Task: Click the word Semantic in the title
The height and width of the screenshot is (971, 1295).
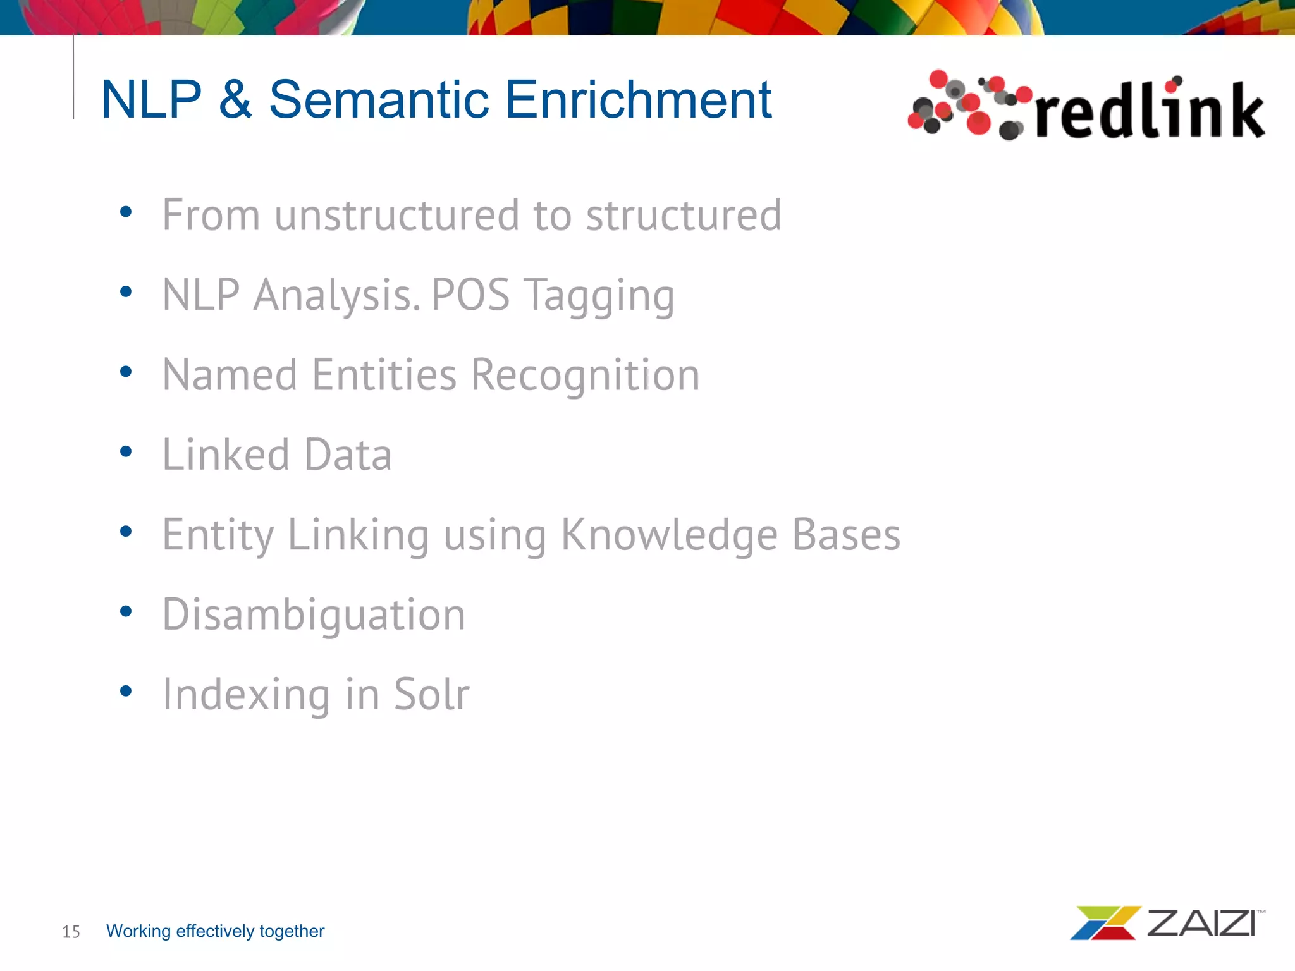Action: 379,99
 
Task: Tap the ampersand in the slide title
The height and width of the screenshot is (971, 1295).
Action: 235,99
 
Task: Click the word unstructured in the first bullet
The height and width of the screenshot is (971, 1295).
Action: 396,215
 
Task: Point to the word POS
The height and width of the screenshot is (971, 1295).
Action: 470,295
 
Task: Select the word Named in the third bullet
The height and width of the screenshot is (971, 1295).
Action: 229,375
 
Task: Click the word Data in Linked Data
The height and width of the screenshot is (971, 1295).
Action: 348,455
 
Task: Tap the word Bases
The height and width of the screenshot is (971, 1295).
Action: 846,535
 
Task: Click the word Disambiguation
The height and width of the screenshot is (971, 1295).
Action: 314,615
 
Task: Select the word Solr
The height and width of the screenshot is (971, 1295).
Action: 432,694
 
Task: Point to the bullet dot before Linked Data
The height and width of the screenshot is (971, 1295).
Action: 126,451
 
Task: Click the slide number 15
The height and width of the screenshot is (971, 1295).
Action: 71,932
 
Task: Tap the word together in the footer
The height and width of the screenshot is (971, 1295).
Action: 292,931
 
